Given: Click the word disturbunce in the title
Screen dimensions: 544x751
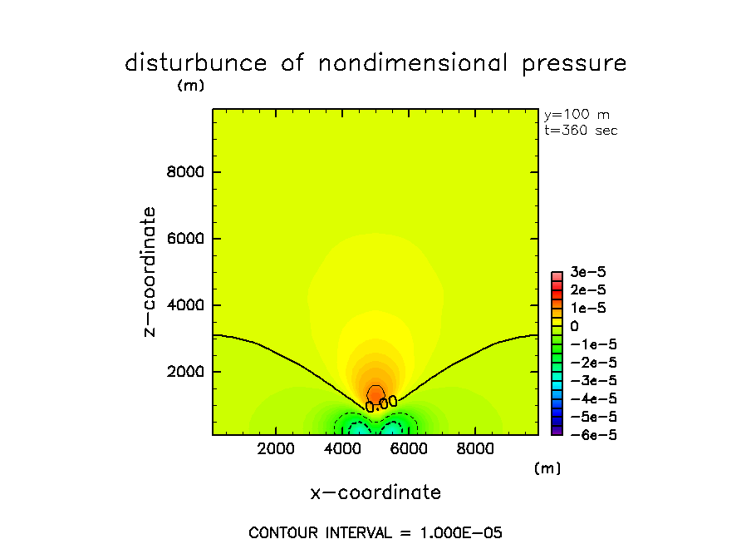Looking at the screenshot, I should (197, 63).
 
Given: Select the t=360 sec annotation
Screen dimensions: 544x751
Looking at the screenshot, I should (581, 130).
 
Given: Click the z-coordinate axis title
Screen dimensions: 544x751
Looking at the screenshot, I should (150, 271).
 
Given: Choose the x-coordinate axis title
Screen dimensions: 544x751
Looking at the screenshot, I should (375, 492).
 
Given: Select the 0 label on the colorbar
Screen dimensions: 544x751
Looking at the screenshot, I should (574, 326).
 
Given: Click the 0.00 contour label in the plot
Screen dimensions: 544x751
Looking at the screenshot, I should (381, 403).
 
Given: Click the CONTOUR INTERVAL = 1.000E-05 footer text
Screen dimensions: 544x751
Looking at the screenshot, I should (375, 532).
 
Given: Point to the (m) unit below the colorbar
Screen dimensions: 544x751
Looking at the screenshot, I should (547, 468).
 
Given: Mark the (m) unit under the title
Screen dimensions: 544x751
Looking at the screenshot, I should (190, 85).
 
